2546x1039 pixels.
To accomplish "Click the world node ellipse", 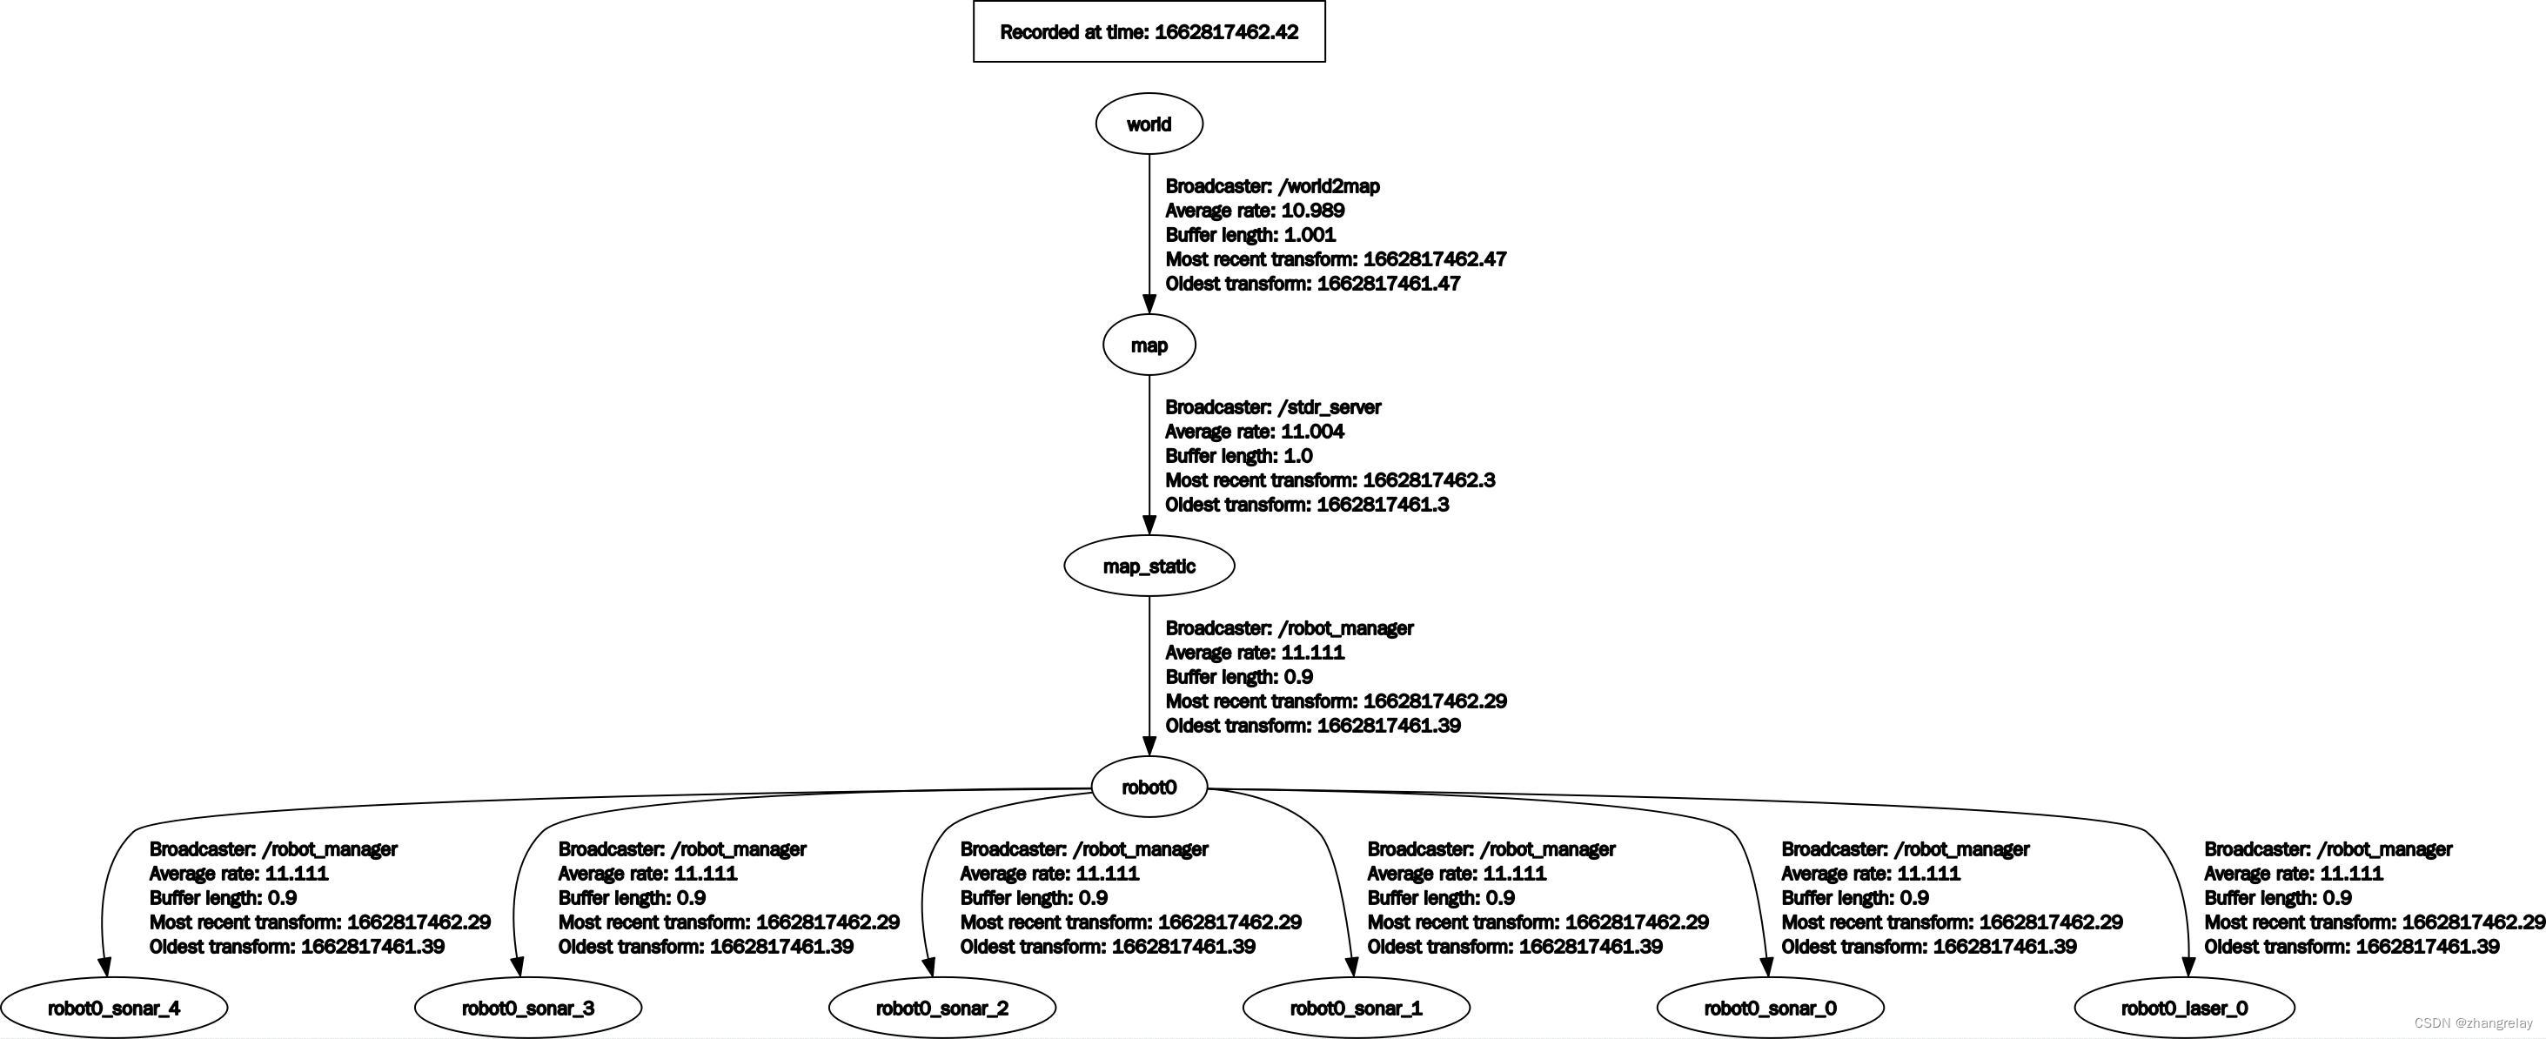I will (1149, 124).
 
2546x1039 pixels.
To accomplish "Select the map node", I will (1149, 345).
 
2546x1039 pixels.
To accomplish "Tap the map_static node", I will (1149, 566).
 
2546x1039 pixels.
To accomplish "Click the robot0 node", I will (1149, 788).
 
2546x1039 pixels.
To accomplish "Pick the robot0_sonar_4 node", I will (114, 1009).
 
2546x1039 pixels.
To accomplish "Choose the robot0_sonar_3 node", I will (528, 1009).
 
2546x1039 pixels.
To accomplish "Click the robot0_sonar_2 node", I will (941, 1009).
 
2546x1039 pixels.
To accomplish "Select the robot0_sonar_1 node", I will (1356, 1009).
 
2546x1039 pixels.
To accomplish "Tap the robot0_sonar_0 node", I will (1770, 1009).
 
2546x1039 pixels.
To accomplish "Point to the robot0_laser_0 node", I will (2184, 1009).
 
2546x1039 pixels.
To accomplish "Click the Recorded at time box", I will (1149, 31).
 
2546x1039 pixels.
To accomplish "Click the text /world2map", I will (1329, 186).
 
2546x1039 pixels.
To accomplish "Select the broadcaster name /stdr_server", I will (1330, 407).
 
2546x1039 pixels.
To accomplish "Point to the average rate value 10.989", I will (1312, 211).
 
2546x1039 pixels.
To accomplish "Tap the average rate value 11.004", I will (1312, 432).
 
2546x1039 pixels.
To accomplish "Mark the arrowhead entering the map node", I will (1149, 304).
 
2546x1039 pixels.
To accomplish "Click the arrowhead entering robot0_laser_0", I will (2188, 967).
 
